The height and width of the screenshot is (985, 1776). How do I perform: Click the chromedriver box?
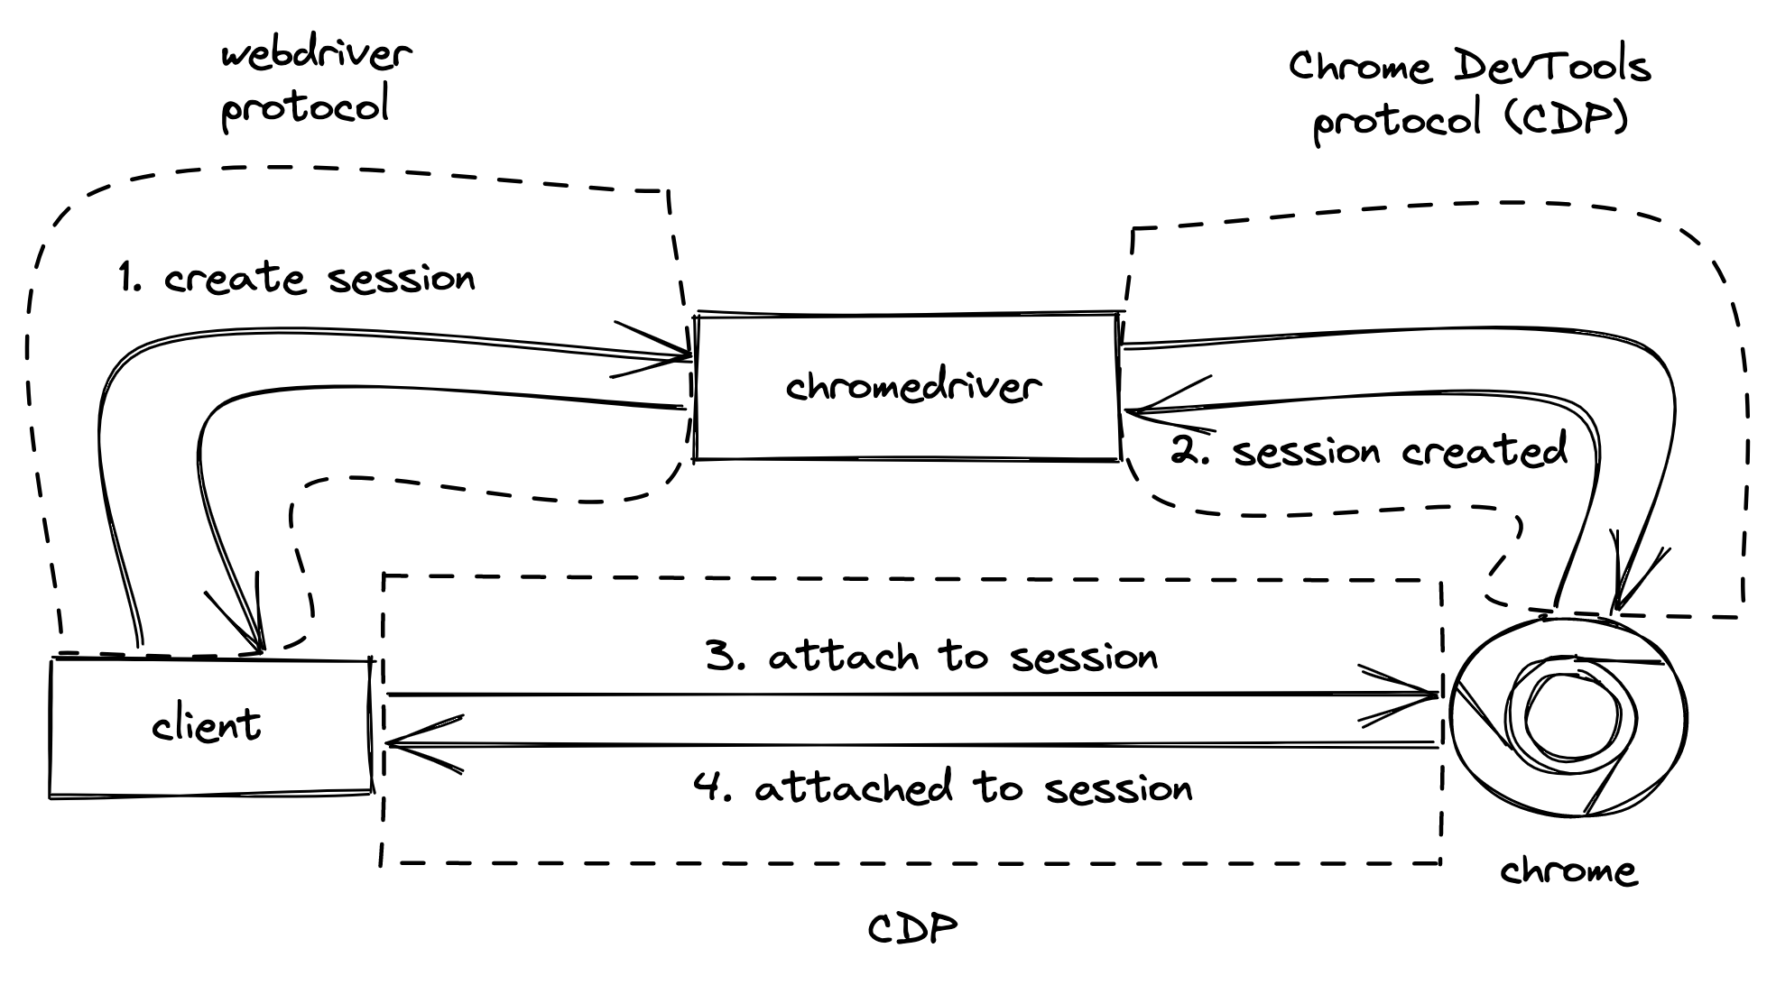907,387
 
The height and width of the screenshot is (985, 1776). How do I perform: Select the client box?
209,727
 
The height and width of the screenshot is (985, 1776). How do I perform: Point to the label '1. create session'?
296,278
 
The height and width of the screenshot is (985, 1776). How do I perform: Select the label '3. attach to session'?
931,657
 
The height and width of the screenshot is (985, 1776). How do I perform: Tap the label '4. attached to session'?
943,788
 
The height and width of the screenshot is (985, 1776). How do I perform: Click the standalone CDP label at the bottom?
912,928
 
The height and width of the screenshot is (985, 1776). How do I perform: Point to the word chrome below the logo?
1568,871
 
